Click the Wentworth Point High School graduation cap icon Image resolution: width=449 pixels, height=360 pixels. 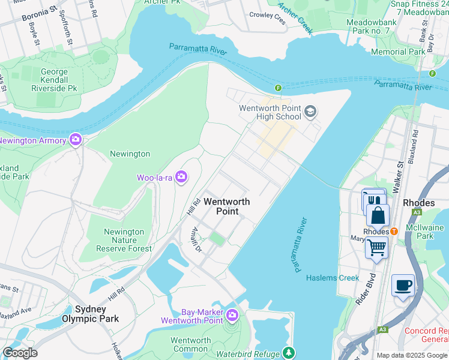(310, 111)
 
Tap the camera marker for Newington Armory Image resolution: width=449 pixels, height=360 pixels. (76, 140)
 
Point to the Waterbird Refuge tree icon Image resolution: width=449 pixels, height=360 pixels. (289, 352)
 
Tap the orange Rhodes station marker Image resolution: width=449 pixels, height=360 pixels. (394, 232)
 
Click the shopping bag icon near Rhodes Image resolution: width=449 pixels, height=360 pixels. (378, 215)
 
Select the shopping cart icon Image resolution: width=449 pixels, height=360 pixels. (376, 246)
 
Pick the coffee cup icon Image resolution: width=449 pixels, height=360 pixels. (402, 284)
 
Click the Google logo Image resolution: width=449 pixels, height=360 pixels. (20, 353)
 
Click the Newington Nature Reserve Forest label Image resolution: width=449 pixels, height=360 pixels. (124, 240)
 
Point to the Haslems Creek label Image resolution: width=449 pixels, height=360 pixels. (333, 278)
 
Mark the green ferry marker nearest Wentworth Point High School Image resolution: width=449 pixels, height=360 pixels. (278, 88)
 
